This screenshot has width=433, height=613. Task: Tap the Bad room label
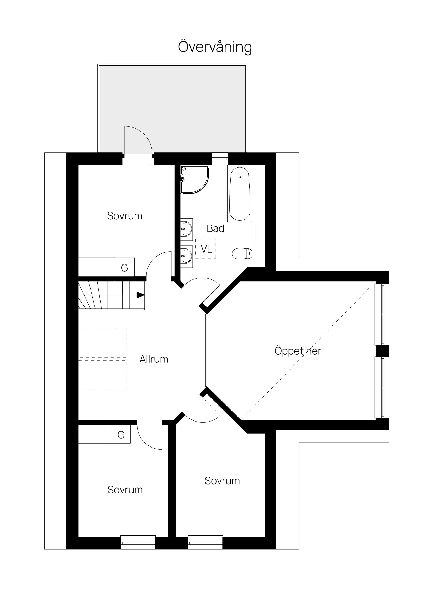pos(215,228)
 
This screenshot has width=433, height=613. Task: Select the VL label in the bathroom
pos(206,249)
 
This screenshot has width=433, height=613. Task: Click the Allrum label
pos(154,359)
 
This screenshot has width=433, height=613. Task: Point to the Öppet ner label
pos(298,351)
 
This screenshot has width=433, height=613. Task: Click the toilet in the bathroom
pos(241,253)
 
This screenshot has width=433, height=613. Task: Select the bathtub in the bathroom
pos(240,194)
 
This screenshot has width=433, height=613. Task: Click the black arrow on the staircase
pos(140,295)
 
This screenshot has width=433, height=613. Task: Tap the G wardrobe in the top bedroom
pos(125,267)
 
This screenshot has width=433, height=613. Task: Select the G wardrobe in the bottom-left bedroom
pos(121,435)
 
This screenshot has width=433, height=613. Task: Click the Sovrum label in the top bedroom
pos(125,216)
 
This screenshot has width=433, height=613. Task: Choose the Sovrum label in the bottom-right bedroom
pos(222,481)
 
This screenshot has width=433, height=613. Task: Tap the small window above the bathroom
pos(220,159)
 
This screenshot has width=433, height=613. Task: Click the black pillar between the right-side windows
pos(382,351)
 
